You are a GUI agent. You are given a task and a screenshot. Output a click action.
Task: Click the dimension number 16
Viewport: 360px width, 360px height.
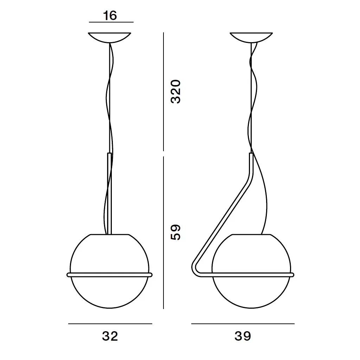click(110, 15)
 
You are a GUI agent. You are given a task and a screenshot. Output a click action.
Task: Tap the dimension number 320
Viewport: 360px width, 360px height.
click(176, 92)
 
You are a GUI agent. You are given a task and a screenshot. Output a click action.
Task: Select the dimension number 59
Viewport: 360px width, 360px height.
click(176, 232)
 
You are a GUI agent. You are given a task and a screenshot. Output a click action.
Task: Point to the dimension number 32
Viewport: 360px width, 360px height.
click(110, 336)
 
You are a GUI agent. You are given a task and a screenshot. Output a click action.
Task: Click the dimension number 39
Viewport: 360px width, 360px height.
click(243, 336)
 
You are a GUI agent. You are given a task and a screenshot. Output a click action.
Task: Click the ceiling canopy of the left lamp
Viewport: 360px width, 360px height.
click(110, 37)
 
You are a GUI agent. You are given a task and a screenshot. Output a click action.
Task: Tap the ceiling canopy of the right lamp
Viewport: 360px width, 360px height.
click(251, 37)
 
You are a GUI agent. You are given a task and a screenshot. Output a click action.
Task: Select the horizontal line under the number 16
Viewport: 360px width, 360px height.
click(111, 22)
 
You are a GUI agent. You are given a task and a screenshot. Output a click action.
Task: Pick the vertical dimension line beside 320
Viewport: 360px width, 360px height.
click(163, 92)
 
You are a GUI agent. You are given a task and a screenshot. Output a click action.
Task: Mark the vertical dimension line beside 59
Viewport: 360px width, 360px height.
click(163, 233)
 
